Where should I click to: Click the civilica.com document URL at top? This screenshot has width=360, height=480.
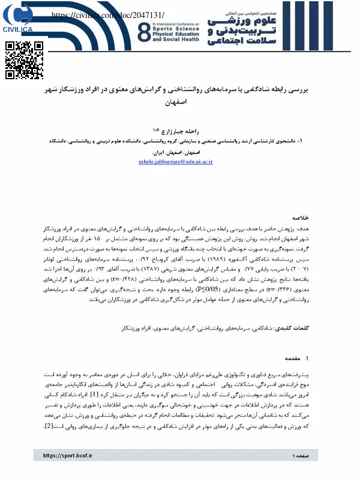point(109,14)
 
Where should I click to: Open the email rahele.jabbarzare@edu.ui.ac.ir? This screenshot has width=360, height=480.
point(175,162)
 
